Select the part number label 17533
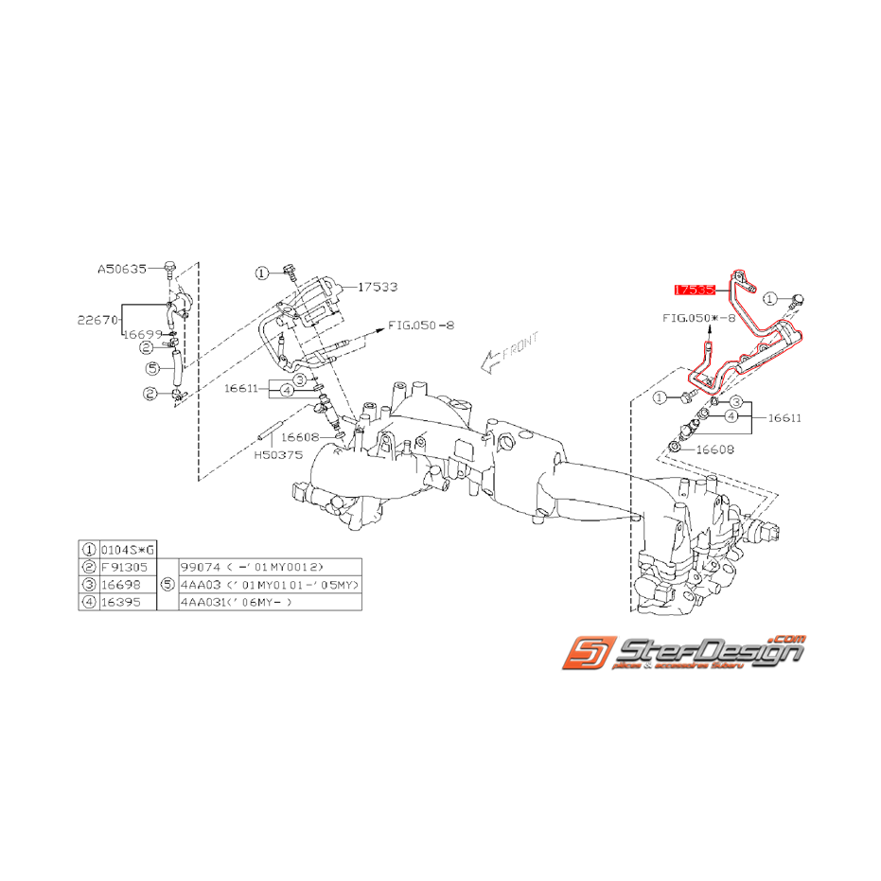click(x=379, y=286)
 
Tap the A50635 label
click(x=122, y=269)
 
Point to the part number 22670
click(x=97, y=320)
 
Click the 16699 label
click(x=140, y=335)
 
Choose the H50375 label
click(x=279, y=453)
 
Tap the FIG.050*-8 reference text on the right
click(x=698, y=319)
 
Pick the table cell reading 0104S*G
click(x=125, y=548)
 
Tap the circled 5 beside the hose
click(x=151, y=367)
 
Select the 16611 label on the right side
click(x=784, y=415)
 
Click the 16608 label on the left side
click(x=300, y=437)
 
